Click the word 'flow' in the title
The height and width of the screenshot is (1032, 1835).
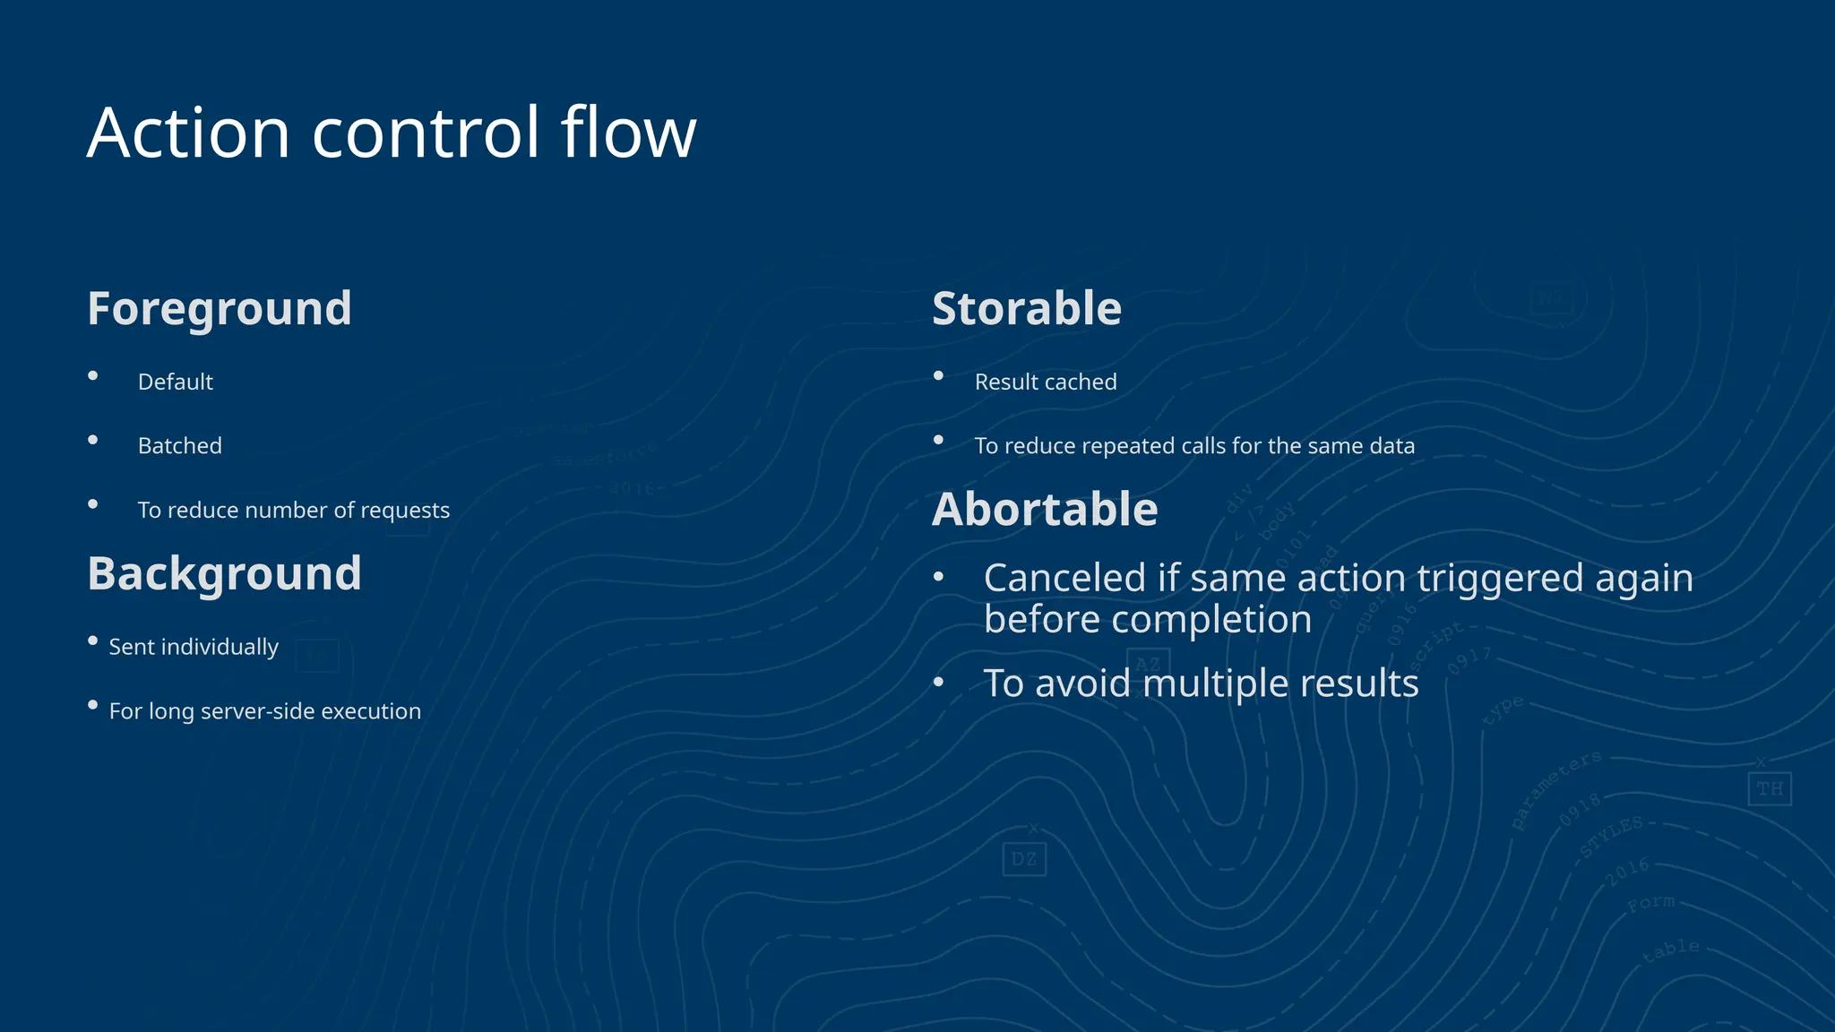pyautogui.click(x=628, y=133)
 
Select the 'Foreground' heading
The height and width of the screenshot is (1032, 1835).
pyautogui.click(x=220, y=308)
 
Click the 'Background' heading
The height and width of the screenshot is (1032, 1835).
pyautogui.click(x=224, y=573)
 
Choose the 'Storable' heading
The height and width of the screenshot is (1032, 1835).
pyautogui.click(x=1027, y=308)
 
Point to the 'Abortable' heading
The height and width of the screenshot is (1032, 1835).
pyautogui.click(x=1045, y=509)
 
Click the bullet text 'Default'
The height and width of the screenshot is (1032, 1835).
pyautogui.click(x=176, y=382)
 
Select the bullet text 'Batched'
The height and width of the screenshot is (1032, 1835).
pyautogui.click(x=180, y=445)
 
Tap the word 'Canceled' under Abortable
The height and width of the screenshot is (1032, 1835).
pyautogui.click(x=1064, y=578)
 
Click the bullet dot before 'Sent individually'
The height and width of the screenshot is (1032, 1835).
pyautogui.click(x=92, y=641)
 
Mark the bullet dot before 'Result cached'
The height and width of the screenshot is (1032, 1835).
pyautogui.click(x=938, y=375)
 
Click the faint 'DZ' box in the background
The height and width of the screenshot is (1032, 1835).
pyautogui.click(x=1024, y=859)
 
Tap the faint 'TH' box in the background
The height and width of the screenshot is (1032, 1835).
pyautogui.click(x=1769, y=789)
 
